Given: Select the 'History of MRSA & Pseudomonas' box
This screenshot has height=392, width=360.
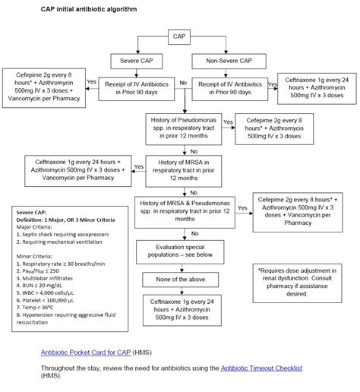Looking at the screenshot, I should click(x=185, y=210).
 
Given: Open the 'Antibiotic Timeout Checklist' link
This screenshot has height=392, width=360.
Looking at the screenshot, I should click(x=261, y=367).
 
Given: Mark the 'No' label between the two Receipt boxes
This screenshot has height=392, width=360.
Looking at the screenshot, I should click(x=182, y=81).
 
